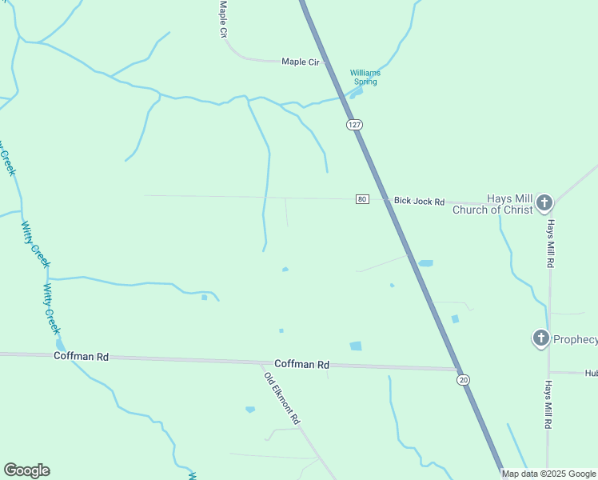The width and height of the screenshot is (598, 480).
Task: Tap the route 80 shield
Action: click(x=363, y=199)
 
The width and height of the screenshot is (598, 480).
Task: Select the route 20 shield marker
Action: click(x=464, y=380)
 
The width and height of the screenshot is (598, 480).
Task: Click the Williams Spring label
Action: click(x=365, y=77)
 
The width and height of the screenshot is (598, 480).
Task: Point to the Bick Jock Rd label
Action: click(x=418, y=201)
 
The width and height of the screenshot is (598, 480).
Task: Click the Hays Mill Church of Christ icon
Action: click(x=544, y=202)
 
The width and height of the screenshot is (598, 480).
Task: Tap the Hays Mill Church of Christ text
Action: click(x=492, y=205)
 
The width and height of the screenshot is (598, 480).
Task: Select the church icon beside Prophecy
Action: click(x=540, y=338)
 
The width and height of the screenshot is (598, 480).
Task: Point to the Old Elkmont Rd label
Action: click(x=283, y=397)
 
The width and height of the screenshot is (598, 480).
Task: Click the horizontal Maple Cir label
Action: click(x=300, y=61)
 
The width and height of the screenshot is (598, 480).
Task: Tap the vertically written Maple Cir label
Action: click(x=224, y=18)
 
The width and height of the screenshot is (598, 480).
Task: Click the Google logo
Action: click(x=27, y=470)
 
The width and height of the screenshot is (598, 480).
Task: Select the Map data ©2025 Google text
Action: click(x=548, y=474)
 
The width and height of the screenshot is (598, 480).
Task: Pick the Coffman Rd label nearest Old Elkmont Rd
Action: click(x=301, y=365)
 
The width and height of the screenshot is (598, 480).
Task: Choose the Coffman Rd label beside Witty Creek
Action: click(x=81, y=356)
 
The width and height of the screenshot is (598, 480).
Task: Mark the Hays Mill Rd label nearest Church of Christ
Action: click(x=550, y=244)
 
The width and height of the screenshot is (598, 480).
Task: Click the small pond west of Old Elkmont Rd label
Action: click(x=250, y=410)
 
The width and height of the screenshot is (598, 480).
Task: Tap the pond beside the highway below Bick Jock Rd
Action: click(x=425, y=263)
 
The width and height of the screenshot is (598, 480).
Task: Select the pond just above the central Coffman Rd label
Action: click(x=356, y=346)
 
